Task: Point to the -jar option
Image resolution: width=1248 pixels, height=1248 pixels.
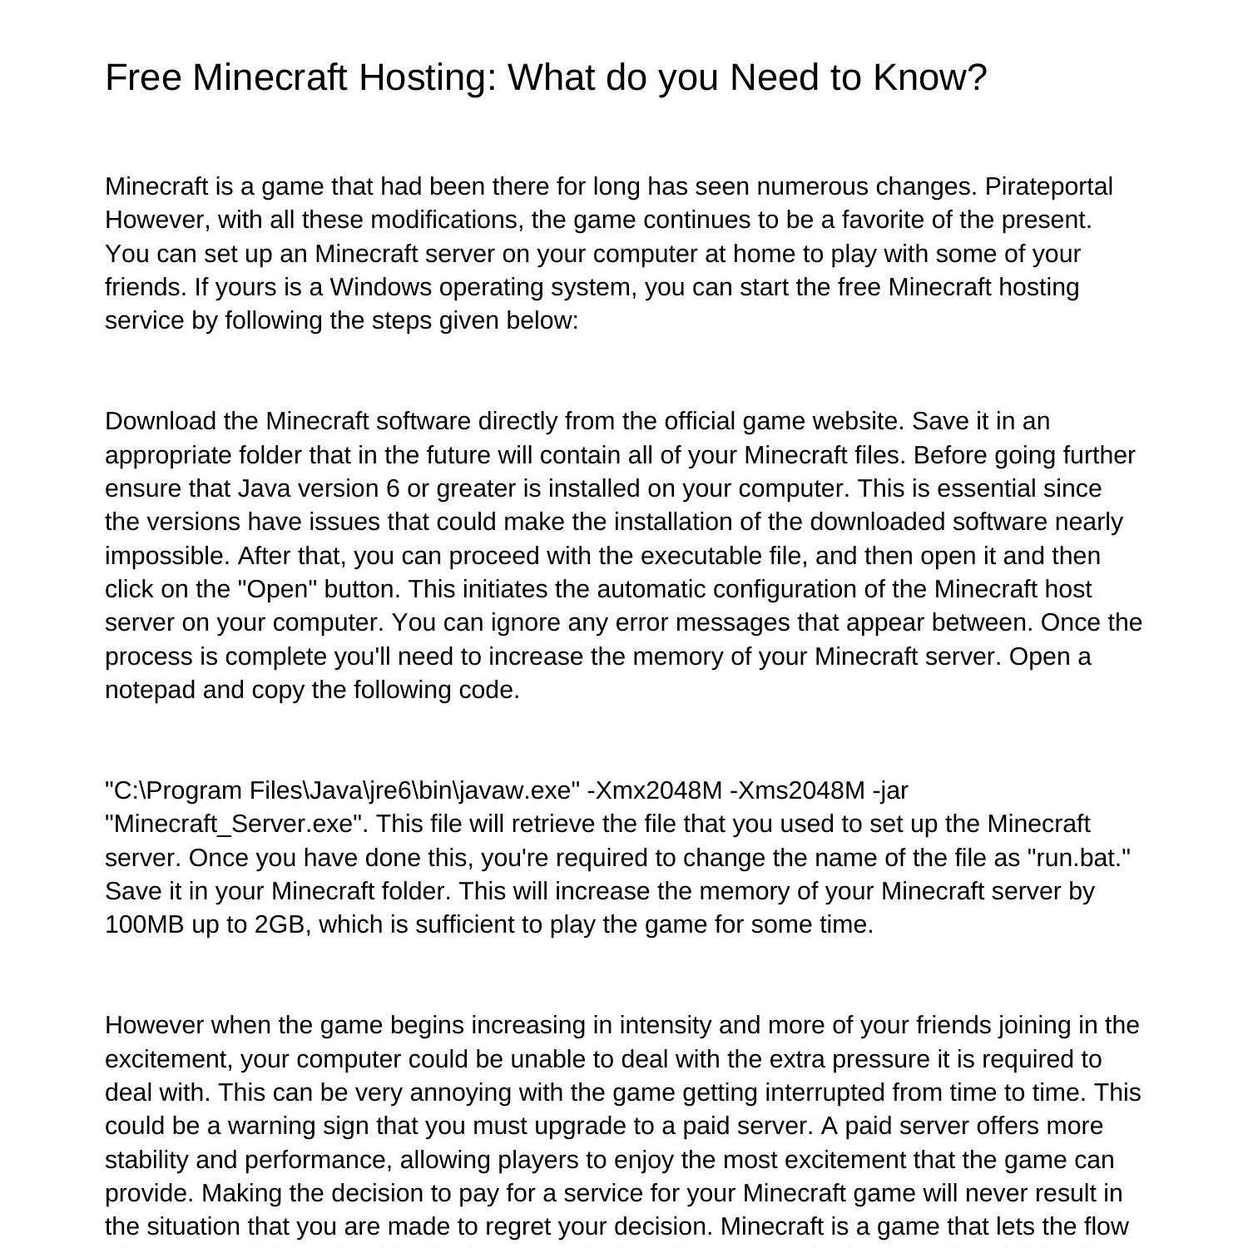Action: (890, 790)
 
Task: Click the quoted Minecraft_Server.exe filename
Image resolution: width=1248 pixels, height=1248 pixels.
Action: (236, 824)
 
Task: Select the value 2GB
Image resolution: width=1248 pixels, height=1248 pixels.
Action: (282, 924)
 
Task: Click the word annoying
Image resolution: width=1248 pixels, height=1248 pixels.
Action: (413, 1092)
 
